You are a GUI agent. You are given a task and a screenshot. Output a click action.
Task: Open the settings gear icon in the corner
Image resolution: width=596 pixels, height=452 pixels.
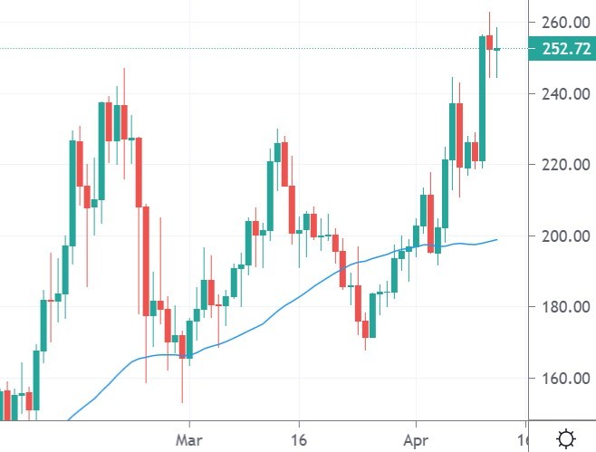(565, 439)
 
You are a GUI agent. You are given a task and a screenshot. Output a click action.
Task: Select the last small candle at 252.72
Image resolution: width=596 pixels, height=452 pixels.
(497, 49)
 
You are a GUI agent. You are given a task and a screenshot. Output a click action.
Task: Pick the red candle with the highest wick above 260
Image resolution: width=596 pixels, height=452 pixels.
(489, 42)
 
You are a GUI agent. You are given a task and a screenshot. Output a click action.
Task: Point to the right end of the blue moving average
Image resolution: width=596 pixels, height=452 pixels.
(496, 240)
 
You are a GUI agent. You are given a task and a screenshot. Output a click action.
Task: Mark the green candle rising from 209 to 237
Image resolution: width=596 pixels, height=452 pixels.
(101, 150)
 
